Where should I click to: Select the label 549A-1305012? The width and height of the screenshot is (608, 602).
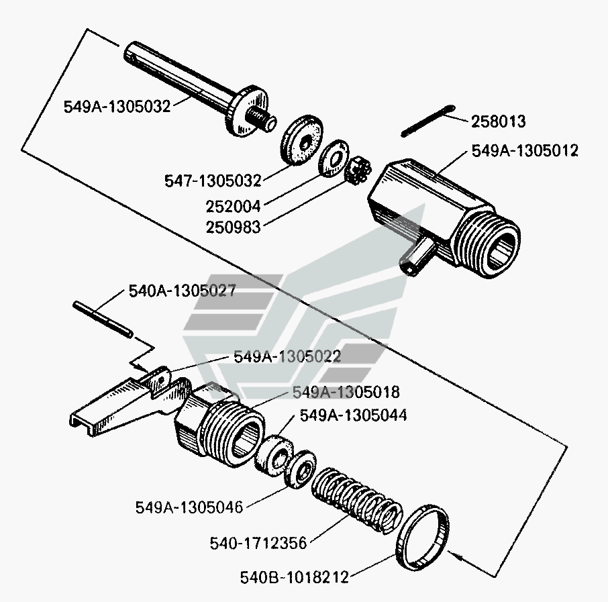(525, 151)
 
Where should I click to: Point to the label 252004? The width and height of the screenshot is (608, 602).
(234, 205)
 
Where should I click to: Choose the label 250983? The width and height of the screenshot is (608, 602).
(234, 228)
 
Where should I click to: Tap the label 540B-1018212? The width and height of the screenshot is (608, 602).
(295, 576)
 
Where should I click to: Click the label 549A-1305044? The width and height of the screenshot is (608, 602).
(353, 415)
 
